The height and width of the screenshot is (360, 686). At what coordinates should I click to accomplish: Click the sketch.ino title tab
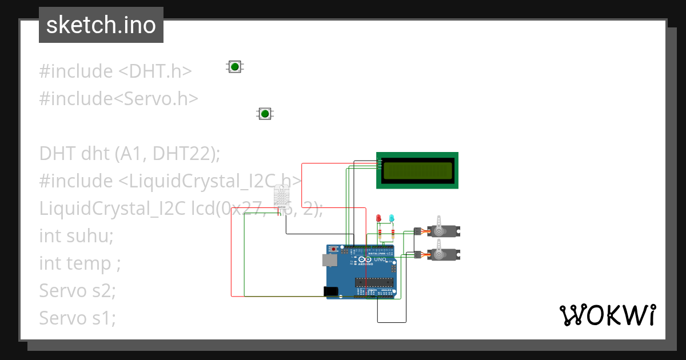tap(101, 25)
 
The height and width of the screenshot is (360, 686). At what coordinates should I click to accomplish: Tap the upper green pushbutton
tap(234, 67)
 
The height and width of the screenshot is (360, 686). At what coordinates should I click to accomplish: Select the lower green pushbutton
tap(265, 114)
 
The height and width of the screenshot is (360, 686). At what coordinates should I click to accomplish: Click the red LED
tap(378, 219)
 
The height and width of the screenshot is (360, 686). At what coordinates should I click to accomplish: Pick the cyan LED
tap(392, 219)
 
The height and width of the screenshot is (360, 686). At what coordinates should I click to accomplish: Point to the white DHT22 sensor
tap(282, 197)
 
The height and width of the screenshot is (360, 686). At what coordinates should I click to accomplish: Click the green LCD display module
tap(417, 170)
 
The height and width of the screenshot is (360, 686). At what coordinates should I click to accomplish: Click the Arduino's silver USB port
tap(330, 261)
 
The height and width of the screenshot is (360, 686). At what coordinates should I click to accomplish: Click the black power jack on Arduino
tap(330, 291)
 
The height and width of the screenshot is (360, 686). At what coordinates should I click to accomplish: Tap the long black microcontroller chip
tap(374, 281)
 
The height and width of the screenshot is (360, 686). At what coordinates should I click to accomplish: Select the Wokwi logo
tap(607, 315)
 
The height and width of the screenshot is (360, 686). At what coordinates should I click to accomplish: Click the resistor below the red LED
tap(379, 234)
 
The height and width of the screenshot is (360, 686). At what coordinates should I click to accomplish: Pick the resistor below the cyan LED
tap(393, 234)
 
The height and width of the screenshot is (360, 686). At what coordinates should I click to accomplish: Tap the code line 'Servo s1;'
tap(77, 318)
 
